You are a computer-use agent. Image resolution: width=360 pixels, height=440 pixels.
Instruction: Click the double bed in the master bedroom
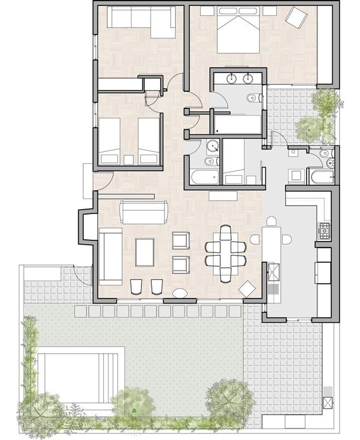[239, 33]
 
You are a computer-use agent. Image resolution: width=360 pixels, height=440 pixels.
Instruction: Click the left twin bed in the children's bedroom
[109, 140]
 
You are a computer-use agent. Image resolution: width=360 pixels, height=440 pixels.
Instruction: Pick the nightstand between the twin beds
[129, 159]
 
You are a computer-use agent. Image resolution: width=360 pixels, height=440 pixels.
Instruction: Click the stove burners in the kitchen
[324, 230]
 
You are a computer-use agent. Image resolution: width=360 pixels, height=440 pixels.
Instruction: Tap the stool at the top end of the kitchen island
[270, 221]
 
